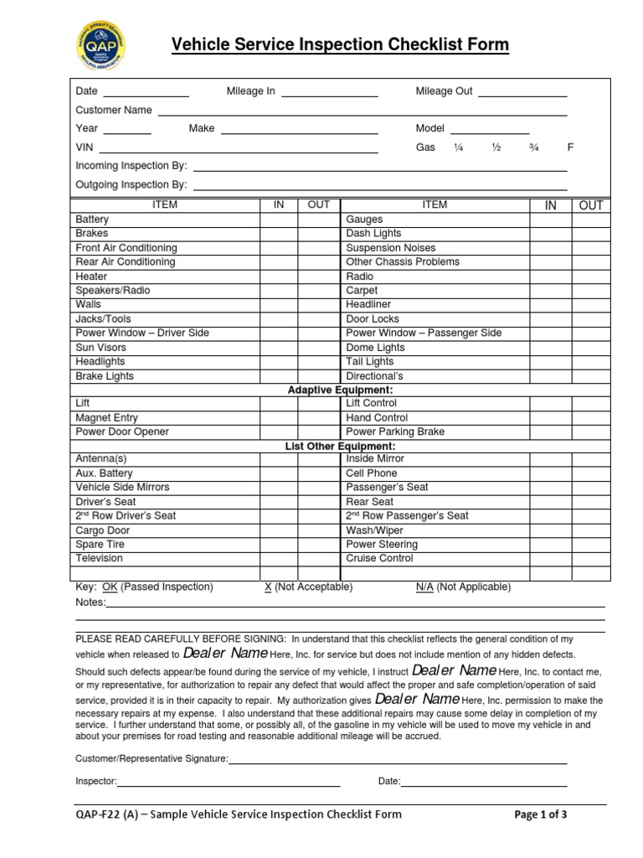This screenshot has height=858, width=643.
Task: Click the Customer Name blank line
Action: tap(363, 111)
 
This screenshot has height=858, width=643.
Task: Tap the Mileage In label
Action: tap(250, 91)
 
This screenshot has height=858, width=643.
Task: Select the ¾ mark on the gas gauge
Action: tap(533, 147)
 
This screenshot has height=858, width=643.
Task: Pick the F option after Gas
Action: tap(570, 147)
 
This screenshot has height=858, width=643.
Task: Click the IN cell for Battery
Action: tap(279, 220)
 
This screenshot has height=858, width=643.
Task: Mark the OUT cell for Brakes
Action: tap(319, 234)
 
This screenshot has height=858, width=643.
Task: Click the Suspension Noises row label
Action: tap(391, 248)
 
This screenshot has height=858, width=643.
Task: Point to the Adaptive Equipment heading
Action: tap(340, 390)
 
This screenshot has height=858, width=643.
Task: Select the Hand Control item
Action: tap(377, 417)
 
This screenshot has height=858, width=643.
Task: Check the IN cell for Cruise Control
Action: tap(549, 559)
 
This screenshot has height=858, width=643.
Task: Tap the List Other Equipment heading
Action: tap(340, 447)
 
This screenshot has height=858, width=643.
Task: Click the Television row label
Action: tap(99, 559)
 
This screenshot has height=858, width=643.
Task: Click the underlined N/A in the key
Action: tap(424, 587)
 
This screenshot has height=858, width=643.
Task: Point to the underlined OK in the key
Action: tap(110, 587)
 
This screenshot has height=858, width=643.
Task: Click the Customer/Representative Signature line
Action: tap(398, 760)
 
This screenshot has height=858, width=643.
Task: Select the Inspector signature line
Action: tap(229, 783)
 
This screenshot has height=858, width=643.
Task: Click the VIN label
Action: tap(85, 147)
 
